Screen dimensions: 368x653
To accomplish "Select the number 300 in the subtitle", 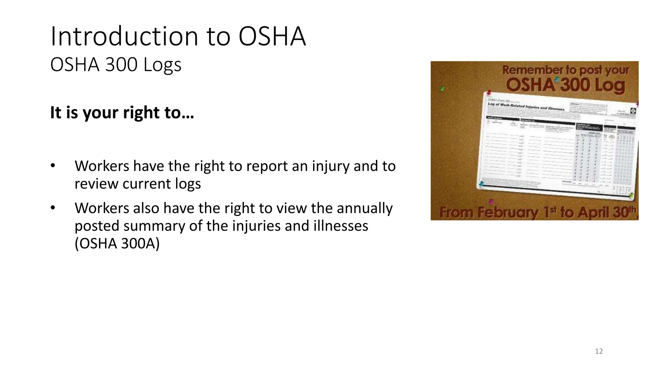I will click(121, 65).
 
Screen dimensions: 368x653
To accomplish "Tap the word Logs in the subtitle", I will click(162, 65).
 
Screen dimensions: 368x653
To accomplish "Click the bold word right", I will click(141, 113).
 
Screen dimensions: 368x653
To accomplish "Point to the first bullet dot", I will click(53, 165).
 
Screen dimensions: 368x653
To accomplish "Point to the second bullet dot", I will click(53, 208).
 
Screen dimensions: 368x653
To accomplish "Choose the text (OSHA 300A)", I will click(117, 244).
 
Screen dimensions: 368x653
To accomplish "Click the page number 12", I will click(599, 351).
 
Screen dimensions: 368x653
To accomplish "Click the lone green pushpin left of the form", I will click(442, 89).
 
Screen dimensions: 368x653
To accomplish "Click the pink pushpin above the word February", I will click(491, 202).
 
